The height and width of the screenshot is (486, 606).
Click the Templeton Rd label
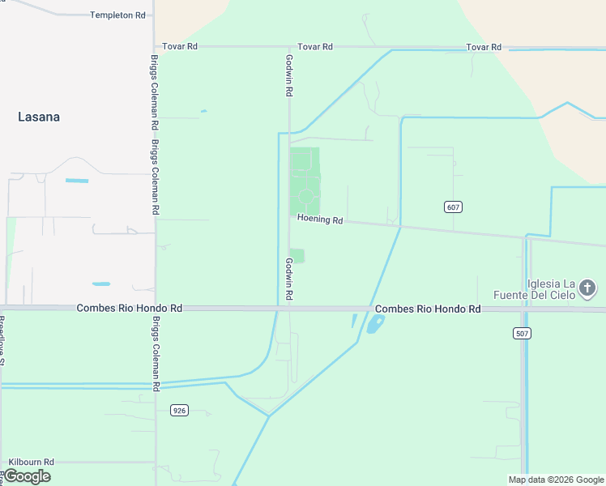click(118, 15)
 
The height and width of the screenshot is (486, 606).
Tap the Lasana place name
click(39, 117)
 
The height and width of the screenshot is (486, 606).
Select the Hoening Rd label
click(320, 220)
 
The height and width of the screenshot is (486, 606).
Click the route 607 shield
click(454, 207)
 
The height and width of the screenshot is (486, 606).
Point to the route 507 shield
click(522, 333)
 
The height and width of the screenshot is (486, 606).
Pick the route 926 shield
click(180, 411)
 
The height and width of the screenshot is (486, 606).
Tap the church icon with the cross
click(588, 288)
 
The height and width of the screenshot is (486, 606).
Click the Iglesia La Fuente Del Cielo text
click(551, 289)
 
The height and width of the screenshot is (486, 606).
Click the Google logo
click(26, 476)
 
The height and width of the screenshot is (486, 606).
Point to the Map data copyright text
click(555, 480)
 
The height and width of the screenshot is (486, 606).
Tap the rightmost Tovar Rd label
click(484, 48)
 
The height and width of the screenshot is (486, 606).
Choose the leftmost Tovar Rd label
click(180, 46)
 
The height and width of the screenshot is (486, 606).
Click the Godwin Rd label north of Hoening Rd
click(289, 76)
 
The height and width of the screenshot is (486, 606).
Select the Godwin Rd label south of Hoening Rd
click(289, 279)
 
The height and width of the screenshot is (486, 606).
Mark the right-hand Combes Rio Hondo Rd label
click(428, 309)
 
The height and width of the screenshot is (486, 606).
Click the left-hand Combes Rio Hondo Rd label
click(130, 309)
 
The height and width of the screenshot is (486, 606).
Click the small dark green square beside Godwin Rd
click(297, 256)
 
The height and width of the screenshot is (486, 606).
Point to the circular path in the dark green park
click(305, 195)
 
